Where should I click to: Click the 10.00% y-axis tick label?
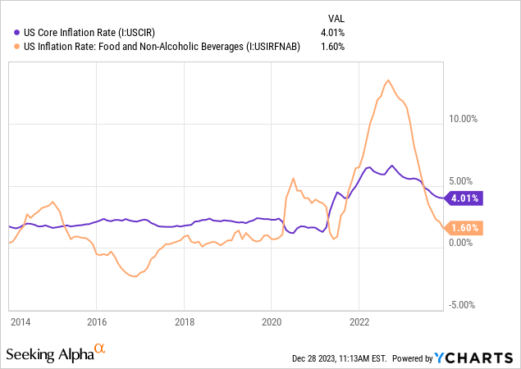465,118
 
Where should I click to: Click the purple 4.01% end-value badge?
464,198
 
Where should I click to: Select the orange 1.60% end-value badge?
464,228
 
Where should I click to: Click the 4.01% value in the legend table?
331,33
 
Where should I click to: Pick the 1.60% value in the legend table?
331,46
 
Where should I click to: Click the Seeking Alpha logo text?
48,354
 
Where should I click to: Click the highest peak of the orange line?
387,80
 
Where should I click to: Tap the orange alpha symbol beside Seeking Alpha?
100,350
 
